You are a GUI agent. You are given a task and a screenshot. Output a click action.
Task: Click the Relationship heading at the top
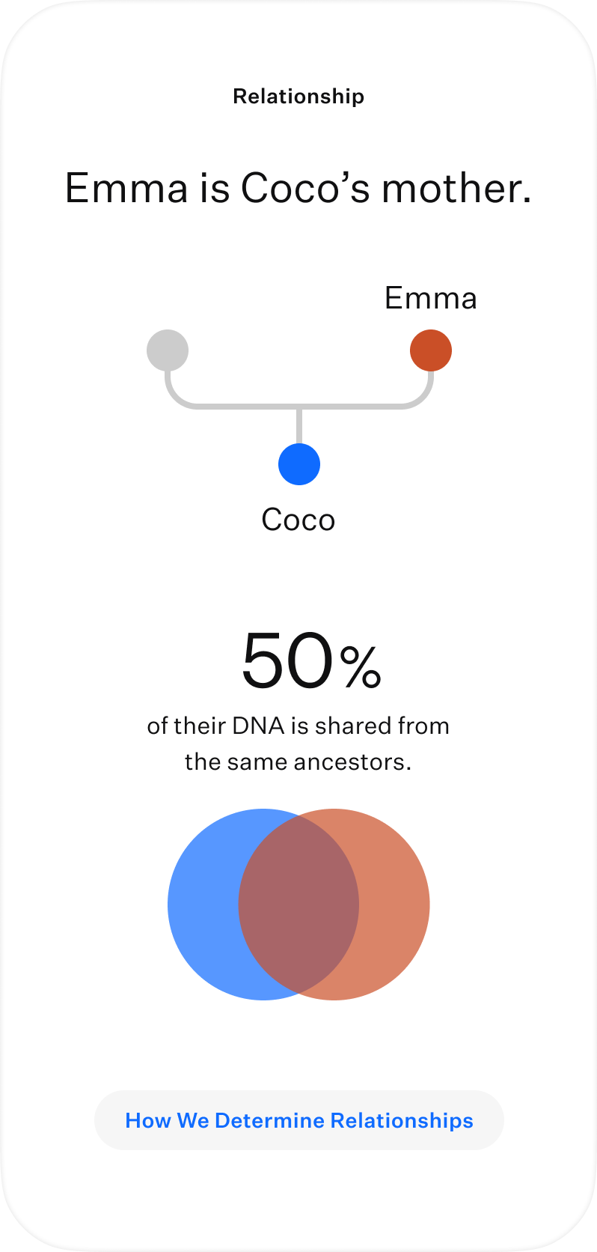(298, 96)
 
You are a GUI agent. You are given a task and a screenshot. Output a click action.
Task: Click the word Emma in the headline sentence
(126, 188)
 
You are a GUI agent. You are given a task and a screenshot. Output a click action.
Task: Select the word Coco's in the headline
(305, 188)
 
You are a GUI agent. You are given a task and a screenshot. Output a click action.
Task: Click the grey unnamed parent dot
(168, 350)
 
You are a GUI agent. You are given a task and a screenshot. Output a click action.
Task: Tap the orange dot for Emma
(431, 350)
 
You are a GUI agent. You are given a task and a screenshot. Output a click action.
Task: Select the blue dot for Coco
(299, 464)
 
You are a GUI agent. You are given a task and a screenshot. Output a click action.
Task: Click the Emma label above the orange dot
(431, 298)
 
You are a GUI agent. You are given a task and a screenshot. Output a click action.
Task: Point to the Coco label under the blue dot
(298, 520)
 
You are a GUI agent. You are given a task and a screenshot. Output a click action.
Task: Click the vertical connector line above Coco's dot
(299, 426)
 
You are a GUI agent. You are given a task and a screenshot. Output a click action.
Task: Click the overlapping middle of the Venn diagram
(298, 905)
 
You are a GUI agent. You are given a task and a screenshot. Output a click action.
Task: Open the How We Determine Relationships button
(299, 1120)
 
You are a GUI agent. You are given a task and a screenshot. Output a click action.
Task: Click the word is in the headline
(215, 188)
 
